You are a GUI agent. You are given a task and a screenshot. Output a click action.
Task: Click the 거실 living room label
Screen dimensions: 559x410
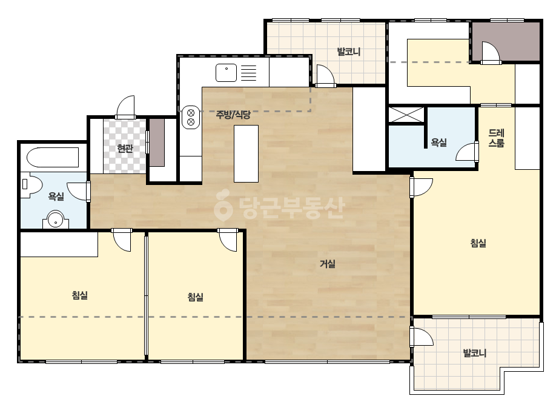pos(327,264)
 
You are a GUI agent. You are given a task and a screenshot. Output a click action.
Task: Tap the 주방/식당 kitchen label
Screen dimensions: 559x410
pos(233,115)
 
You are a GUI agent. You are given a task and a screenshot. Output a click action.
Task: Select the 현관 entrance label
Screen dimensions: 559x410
pos(125,148)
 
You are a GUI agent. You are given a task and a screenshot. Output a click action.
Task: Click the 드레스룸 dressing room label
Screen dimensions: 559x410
pos(496,138)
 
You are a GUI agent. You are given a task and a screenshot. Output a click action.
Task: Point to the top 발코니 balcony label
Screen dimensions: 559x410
pos(349,52)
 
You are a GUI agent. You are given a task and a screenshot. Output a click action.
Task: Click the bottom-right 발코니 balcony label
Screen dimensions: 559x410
pos(474,353)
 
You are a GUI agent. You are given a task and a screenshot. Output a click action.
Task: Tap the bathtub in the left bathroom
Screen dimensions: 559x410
pos(53,157)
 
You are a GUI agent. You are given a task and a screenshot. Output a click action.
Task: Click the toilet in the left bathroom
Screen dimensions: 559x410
pos(31,185)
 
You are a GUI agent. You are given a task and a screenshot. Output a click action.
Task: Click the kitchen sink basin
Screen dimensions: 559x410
pos(226,73)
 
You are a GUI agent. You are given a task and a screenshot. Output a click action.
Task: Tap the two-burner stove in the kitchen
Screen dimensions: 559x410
pos(191,118)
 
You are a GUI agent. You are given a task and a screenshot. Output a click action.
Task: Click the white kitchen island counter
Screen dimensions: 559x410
pos(246,153)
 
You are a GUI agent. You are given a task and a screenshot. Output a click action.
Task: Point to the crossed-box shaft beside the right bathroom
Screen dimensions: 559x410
pos(406,115)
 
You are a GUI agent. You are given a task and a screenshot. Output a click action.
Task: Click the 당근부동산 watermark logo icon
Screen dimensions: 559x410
pos(223,206)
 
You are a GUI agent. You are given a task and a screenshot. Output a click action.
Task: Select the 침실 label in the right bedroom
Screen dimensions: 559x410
pos(478,243)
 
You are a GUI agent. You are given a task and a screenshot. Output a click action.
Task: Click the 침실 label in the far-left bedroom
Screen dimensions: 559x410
pos(79,295)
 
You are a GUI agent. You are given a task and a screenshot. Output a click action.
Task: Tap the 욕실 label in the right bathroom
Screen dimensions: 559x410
pos(438,143)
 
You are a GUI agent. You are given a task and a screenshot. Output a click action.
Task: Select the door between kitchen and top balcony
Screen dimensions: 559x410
pos(325,76)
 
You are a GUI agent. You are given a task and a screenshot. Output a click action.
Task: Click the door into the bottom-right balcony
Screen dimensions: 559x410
pos(422,337)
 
